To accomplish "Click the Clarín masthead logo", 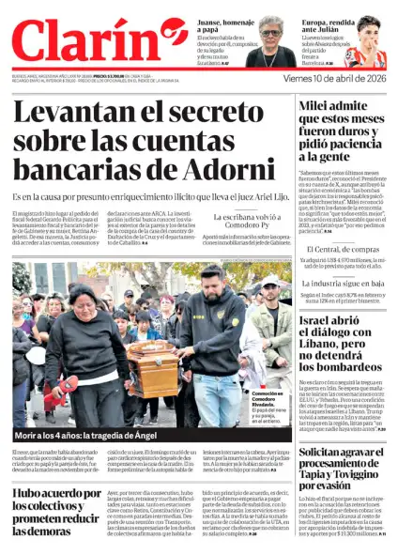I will [99, 45].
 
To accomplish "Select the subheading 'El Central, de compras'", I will [342, 249].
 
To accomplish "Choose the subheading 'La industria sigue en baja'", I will [342, 283].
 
